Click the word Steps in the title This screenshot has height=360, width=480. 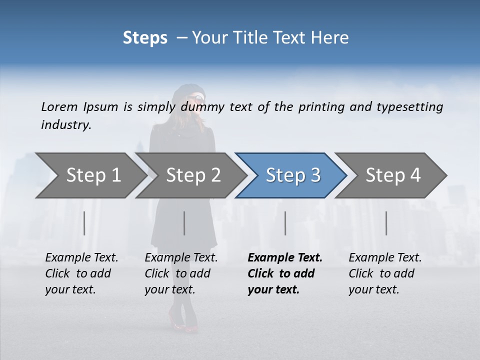pos(145,38)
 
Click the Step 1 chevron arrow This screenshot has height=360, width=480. pos(90,175)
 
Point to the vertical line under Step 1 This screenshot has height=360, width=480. pos(84,223)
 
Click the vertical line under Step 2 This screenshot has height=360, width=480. pos(184,223)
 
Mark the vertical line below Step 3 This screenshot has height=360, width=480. pos(285,223)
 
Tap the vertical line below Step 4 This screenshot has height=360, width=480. pos(386,223)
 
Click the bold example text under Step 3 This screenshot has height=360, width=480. pos(284,273)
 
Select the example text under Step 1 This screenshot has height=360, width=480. pos(81,273)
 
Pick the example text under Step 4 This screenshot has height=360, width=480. pos(385,273)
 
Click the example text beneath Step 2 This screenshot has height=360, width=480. pos(181,273)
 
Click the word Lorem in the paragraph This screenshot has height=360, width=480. pos(59,106)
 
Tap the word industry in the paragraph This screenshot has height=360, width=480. pos(65,124)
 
